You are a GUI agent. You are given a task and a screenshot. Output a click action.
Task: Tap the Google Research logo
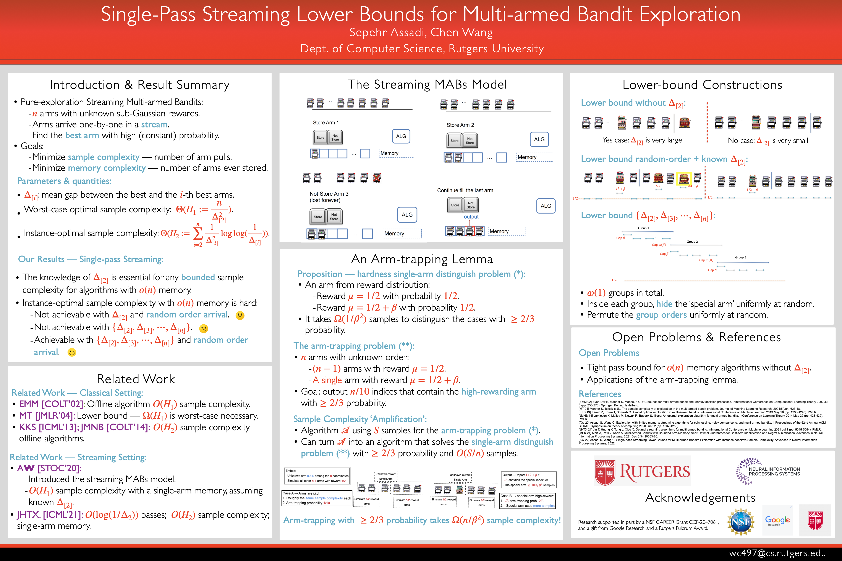[777, 521]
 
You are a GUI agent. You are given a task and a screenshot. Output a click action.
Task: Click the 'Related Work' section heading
[136, 379]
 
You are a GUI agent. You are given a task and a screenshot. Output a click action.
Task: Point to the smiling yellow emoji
[72, 352]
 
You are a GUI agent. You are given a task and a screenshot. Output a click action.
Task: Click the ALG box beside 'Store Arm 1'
[401, 136]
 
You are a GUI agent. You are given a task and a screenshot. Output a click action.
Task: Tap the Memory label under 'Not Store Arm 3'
[394, 234]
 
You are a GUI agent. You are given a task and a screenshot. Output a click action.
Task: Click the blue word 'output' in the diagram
[471, 217]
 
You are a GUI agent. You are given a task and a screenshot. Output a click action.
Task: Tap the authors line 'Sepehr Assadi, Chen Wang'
[421, 32]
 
